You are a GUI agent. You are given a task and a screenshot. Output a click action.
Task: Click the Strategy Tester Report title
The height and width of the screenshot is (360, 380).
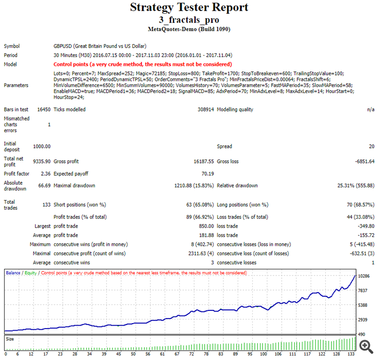189,8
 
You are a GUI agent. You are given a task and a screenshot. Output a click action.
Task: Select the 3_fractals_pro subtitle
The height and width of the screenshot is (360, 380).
189,20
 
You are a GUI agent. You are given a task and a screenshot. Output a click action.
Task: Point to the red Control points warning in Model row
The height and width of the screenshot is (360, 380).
142,64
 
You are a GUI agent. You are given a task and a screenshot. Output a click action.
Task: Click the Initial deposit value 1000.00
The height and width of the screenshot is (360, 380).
42,146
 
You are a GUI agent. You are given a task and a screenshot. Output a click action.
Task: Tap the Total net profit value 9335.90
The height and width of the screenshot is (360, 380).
42,162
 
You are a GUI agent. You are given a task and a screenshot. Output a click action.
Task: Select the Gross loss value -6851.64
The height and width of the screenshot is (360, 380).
363,162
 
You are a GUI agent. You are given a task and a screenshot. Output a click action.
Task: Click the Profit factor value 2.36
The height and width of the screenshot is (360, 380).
45,174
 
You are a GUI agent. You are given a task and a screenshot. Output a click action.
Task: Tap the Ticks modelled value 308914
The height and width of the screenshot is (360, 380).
202,109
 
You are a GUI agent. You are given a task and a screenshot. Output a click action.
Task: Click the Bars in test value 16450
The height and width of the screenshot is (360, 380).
44,109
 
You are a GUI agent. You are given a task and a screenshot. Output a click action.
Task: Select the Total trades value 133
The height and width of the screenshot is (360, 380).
46,205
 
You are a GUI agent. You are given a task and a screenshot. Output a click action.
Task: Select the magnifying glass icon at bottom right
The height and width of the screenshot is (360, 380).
364,345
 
